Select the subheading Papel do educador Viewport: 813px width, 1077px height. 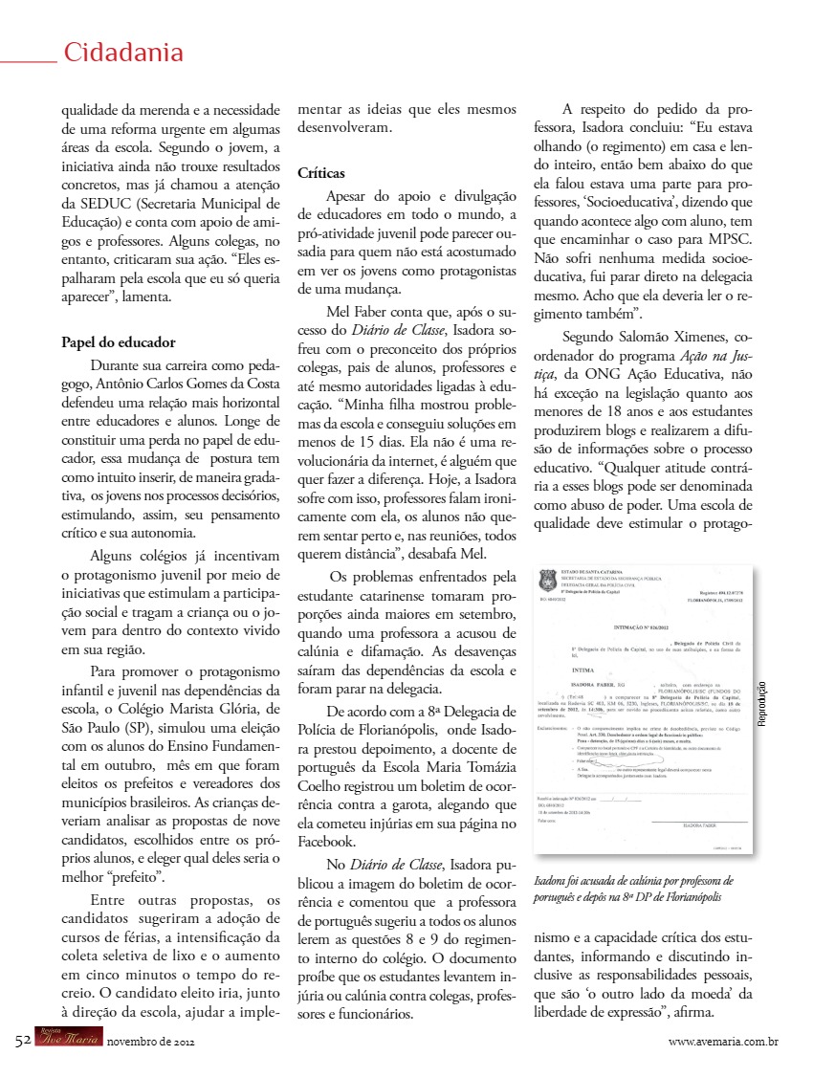pos(118,341)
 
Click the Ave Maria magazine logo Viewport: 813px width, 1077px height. pos(68,1040)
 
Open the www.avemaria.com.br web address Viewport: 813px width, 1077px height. pos(723,1041)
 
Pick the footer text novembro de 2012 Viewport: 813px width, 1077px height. pos(150,1041)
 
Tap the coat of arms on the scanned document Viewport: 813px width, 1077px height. pos(548,580)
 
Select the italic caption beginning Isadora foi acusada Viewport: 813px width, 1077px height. pos(633,889)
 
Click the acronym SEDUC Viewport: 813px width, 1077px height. pos(107,203)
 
